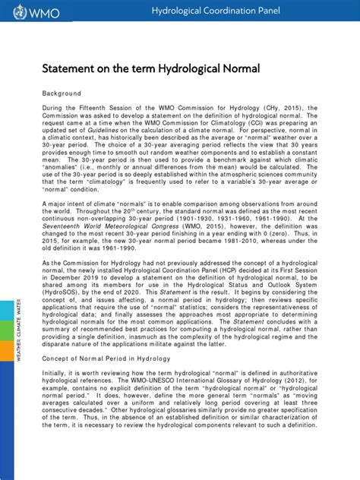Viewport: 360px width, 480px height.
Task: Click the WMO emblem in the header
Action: tap(10, 12)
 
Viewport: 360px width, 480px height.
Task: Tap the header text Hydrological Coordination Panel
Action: tap(216, 11)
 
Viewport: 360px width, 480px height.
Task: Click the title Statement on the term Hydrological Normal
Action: tap(150, 69)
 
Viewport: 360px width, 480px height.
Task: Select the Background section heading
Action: tap(61, 93)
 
